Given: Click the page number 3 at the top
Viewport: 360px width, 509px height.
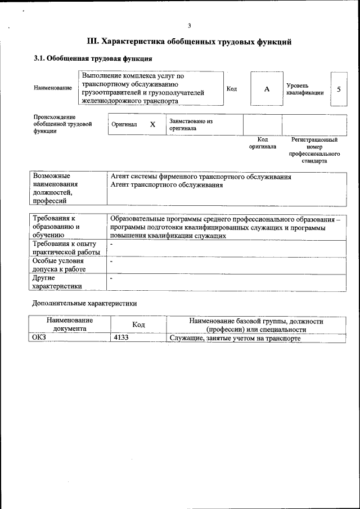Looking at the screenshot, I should click(x=190, y=25).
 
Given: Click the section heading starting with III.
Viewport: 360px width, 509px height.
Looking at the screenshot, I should click(x=189, y=42).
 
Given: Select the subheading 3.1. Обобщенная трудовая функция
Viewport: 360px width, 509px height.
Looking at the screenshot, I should click(x=93, y=58).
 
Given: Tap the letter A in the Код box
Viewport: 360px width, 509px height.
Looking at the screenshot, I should click(x=267, y=89).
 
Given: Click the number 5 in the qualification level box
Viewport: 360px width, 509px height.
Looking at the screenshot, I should click(x=339, y=89).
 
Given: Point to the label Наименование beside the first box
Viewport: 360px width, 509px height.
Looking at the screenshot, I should click(x=53, y=88).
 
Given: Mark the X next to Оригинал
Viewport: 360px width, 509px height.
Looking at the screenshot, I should click(x=152, y=124).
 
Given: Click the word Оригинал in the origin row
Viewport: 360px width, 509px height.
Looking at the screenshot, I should click(x=124, y=124).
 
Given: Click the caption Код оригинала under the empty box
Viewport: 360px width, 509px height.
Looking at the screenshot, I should click(x=263, y=143).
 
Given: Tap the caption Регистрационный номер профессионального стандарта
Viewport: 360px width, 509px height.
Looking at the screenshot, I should click(x=314, y=150).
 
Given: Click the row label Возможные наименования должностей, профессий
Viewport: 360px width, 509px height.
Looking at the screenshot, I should click(x=56, y=188).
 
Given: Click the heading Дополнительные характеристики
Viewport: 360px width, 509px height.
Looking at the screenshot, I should click(x=84, y=303).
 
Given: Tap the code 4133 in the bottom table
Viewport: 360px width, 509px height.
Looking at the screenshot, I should click(x=121, y=338).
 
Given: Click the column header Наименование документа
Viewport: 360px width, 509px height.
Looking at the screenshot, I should click(x=70, y=325).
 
